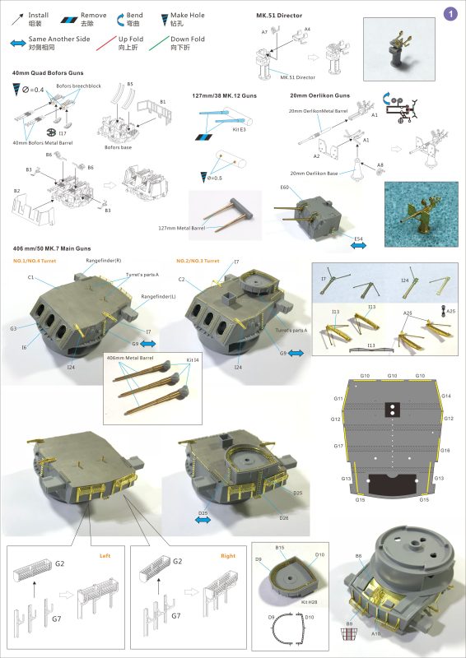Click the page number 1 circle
click(x=450, y=13)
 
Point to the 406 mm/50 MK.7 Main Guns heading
click(x=54, y=248)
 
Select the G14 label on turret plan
click(x=446, y=396)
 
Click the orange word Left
click(x=105, y=555)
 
